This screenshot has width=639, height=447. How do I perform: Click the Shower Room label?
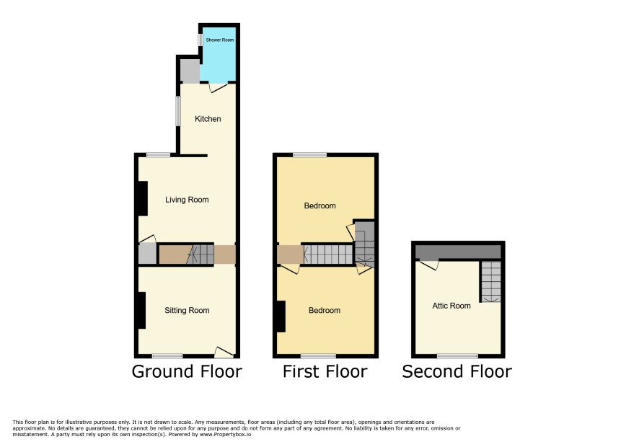(x=220, y=40)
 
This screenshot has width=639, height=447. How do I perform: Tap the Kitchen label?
(x=208, y=118)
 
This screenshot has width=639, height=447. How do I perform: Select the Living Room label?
(x=187, y=200)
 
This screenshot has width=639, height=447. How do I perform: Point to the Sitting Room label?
(x=187, y=310)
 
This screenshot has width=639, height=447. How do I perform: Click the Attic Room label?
(x=451, y=306)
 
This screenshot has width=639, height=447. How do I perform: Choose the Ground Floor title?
(x=187, y=371)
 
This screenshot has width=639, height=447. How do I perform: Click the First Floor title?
(x=325, y=371)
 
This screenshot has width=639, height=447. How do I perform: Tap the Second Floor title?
(x=457, y=371)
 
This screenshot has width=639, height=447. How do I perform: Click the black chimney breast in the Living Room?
(x=142, y=198)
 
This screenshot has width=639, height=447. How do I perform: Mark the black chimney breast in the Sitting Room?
(x=141, y=311)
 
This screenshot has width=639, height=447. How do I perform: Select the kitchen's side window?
(x=178, y=111)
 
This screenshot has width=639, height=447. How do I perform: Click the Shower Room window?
(x=200, y=40)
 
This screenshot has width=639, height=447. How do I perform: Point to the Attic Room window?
(x=458, y=356)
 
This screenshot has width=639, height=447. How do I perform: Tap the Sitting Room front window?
(x=167, y=356)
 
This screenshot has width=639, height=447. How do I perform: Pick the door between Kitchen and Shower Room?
(x=218, y=87)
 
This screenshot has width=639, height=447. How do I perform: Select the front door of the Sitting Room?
(x=224, y=352)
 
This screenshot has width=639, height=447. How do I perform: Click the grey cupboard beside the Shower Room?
(x=190, y=71)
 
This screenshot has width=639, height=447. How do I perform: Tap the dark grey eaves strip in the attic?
(x=458, y=252)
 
